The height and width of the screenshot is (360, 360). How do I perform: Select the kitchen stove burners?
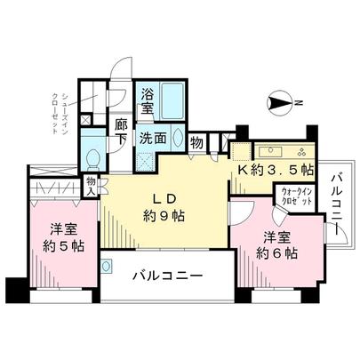[x=302, y=148]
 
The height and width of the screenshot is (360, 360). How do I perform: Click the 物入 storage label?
[x=91, y=185]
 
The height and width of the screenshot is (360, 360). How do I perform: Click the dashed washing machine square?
[x=145, y=161]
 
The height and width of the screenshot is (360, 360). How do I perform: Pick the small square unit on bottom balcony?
[x=106, y=265]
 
